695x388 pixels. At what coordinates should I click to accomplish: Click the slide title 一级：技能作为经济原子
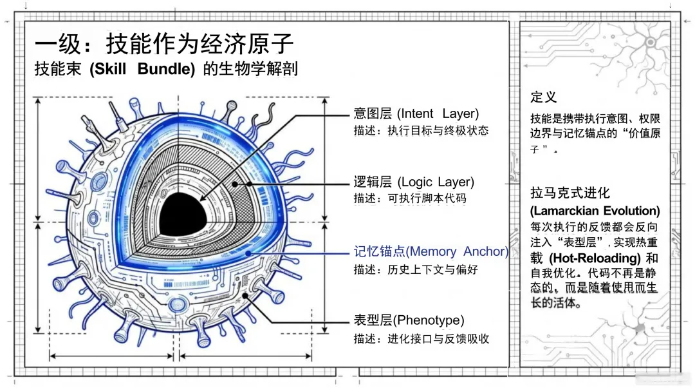tap(164, 44)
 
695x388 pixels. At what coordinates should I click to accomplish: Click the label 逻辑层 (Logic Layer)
tap(414, 182)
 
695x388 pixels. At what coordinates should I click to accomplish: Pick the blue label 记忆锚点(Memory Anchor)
tap(431, 251)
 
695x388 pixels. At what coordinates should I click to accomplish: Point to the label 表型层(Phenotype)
tap(409, 320)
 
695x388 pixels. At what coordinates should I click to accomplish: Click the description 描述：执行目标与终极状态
tap(421, 131)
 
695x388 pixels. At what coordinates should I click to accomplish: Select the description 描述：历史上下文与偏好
tap(415, 269)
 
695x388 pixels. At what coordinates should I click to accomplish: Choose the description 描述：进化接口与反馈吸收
tap(421, 338)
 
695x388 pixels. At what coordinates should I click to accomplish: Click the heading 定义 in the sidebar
tap(543, 97)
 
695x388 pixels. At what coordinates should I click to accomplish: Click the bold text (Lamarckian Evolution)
tap(595, 211)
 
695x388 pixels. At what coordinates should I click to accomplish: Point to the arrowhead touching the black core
tap(201, 200)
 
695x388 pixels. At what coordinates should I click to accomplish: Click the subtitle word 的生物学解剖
tap(250, 70)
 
